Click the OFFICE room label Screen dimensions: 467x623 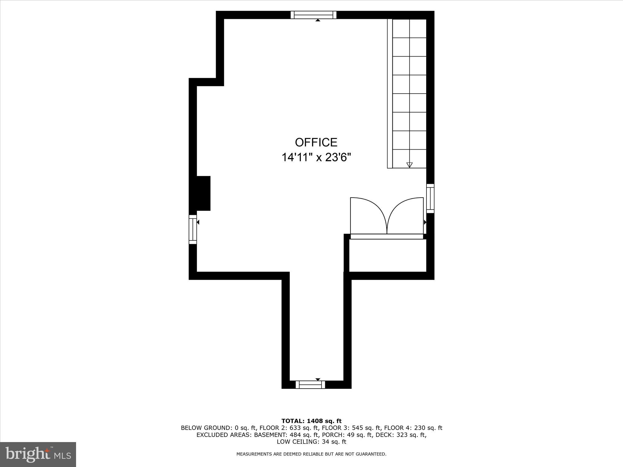tap(316, 142)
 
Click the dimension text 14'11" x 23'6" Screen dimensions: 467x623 tap(316, 157)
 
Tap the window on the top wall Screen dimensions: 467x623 tap(313, 15)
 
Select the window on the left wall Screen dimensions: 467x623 tap(193, 229)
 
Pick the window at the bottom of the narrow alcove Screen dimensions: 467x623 tap(310, 385)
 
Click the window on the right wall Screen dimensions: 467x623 tap(430, 198)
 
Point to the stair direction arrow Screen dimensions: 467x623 tap(409, 165)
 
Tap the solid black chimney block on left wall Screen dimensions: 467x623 tap(202, 193)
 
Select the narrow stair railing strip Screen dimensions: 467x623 tap(390, 94)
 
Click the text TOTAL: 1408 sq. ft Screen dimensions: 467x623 tap(311, 421)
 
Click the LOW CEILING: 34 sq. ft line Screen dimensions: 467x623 tap(311, 442)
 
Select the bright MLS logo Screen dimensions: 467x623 tap(38, 455)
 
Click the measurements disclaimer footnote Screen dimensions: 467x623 tap(311, 454)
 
